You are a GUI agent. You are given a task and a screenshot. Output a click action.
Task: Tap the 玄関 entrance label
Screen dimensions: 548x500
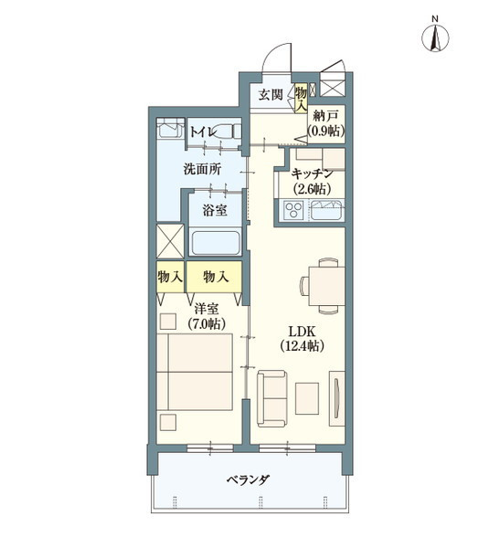[x=270, y=95]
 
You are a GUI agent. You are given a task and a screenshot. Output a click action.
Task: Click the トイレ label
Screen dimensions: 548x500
[x=203, y=132]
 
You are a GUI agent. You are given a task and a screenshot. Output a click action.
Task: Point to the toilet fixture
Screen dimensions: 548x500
[x=168, y=130]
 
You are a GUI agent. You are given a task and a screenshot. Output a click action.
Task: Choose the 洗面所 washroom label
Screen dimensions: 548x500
[x=201, y=169]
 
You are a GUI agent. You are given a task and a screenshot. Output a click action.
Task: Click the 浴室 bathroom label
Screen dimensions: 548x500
[x=215, y=210]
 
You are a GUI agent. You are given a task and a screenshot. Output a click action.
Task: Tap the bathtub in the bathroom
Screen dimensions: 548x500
[x=215, y=243]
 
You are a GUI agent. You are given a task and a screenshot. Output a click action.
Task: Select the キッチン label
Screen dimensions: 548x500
[x=312, y=174]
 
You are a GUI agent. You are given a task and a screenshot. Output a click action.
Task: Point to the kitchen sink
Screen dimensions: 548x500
[x=325, y=213]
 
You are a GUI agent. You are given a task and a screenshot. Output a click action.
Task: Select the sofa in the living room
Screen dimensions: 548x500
[x=273, y=398]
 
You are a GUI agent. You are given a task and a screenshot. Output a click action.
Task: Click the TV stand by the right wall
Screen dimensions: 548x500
[x=336, y=397]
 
